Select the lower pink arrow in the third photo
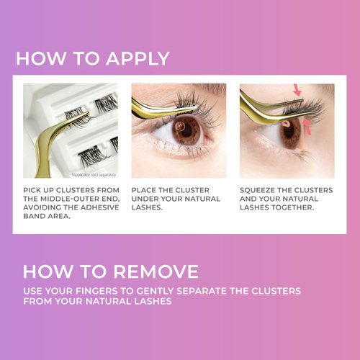(307, 127)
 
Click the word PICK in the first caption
(33, 191)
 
